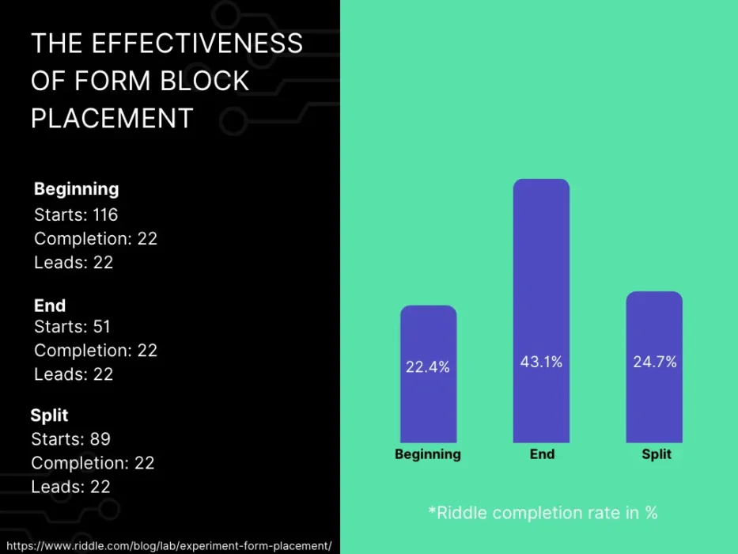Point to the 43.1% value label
pos(541,362)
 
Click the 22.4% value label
pos(428,366)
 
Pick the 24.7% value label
pos(655,362)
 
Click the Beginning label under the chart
pos(428,454)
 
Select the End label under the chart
pos(542,454)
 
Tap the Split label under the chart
pos(657,454)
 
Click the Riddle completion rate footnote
pos(543,512)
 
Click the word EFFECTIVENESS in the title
pos(197,43)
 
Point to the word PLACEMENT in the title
pos(112,118)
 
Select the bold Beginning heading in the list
pos(77,188)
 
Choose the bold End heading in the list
pos(50,305)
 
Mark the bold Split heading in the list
pos(50,415)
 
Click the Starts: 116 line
pos(76,214)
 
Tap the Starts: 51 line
pos(72,326)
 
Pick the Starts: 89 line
pos(70,438)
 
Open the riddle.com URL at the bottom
pos(168,545)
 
